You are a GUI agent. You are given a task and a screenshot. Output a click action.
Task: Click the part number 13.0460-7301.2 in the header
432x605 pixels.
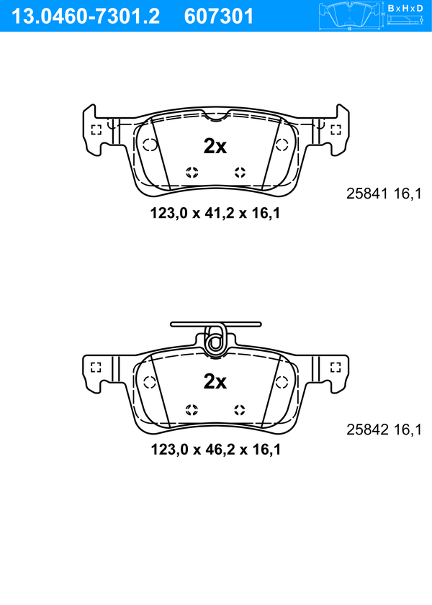[86, 17]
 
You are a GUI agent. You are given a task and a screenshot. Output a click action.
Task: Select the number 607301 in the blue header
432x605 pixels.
[219, 17]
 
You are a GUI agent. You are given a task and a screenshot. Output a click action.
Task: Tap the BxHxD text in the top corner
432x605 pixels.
[405, 8]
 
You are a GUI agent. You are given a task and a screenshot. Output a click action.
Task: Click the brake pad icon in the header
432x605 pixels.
[350, 17]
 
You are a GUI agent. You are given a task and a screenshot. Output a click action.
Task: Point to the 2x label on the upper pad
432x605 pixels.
[215, 146]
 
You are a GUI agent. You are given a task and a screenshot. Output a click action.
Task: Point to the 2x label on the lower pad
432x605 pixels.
[215, 381]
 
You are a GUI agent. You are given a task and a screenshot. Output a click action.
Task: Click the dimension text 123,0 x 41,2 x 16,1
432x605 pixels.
[215, 213]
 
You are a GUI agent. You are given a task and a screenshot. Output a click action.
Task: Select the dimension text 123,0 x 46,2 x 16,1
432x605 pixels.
[215, 449]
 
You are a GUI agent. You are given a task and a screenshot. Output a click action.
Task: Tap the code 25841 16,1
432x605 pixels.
[384, 194]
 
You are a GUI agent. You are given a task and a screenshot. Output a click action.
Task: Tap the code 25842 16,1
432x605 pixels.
[384, 429]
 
